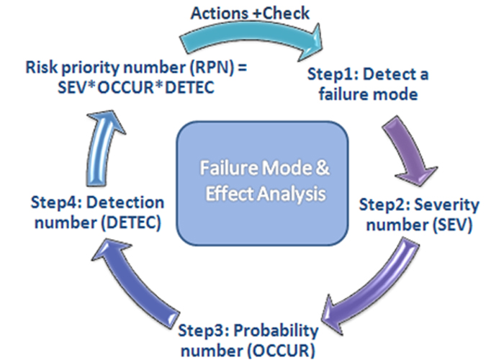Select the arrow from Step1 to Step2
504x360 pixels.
coord(408,148)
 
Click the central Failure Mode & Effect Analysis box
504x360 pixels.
coord(262,183)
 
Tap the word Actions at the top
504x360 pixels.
coord(220,14)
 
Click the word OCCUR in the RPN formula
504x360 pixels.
coord(125,87)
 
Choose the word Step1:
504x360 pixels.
coord(333,75)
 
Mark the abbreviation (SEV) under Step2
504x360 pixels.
coord(452,225)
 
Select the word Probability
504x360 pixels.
coord(276,331)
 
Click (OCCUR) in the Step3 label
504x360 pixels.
coord(281,351)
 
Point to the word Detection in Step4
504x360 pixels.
coord(125,202)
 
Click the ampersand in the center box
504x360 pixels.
coord(323,168)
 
